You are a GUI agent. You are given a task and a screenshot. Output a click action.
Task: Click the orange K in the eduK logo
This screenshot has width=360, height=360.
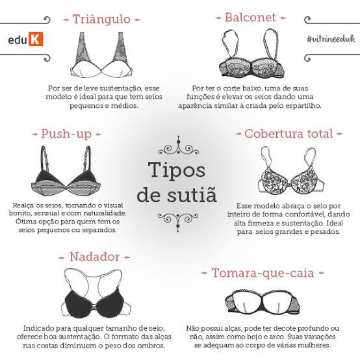pos(36,39)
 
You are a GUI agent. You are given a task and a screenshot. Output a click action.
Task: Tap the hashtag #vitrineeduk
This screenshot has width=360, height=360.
pos(331,39)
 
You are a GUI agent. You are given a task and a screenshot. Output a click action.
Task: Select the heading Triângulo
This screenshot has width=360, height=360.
pos(101,19)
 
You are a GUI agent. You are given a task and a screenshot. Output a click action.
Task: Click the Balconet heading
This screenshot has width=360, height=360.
pos(250,18)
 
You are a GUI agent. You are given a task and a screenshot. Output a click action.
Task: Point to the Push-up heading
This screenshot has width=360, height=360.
pos(66,134)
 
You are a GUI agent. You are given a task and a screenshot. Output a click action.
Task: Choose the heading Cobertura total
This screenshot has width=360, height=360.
pos(289,134)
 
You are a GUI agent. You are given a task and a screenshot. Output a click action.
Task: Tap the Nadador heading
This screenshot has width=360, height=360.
pos(94,257)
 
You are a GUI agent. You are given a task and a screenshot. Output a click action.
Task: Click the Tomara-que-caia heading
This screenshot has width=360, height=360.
pos(263,273)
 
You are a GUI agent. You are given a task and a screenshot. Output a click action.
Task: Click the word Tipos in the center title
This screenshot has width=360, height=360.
pos(177,170)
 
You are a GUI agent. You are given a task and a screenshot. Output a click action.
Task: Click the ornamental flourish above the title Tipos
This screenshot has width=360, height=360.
pos(179,146)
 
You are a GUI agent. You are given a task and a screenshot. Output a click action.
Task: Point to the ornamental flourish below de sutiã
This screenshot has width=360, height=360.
pos(178,222)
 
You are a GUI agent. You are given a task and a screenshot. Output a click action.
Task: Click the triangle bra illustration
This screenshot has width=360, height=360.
pos(102,55)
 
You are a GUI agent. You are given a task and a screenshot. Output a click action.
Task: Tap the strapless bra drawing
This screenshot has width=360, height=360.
pos(263,302)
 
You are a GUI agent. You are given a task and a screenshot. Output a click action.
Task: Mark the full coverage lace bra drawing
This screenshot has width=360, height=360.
pos(291,171)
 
